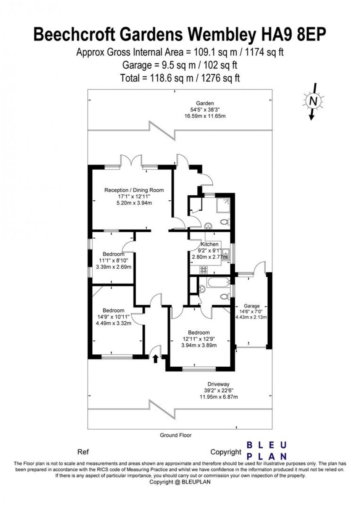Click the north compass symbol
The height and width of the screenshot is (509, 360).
[x=314, y=101]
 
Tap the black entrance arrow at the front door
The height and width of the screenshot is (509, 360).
[x=156, y=359]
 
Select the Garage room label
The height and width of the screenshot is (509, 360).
[x=252, y=306]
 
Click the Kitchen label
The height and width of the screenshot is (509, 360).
[x=209, y=244]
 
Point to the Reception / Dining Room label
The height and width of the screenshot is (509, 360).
[x=134, y=190]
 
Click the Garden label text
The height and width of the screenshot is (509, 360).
[x=205, y=104]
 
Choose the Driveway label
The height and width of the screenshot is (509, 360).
[x=218, y=384]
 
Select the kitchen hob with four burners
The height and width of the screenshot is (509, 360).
[x=204, y=270]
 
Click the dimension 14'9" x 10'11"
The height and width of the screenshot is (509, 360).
[x=113, y=317]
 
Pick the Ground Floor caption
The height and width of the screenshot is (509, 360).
[x=176, y=435]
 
